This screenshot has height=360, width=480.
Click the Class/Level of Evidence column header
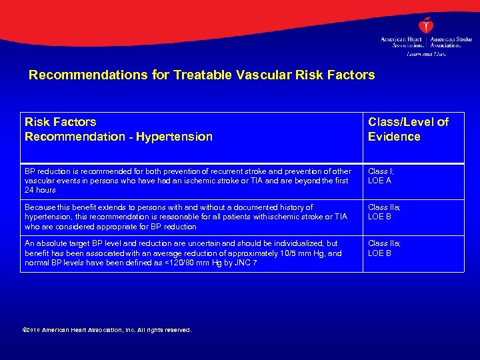pos(408,129)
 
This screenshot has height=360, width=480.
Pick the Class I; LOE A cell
pos(381,176)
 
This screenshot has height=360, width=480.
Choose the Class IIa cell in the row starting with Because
pos(384,212)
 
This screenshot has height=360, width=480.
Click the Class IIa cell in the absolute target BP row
pos(384,248)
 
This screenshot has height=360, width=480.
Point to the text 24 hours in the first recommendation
pos(40,190)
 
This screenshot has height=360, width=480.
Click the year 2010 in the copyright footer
pos(35,330)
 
